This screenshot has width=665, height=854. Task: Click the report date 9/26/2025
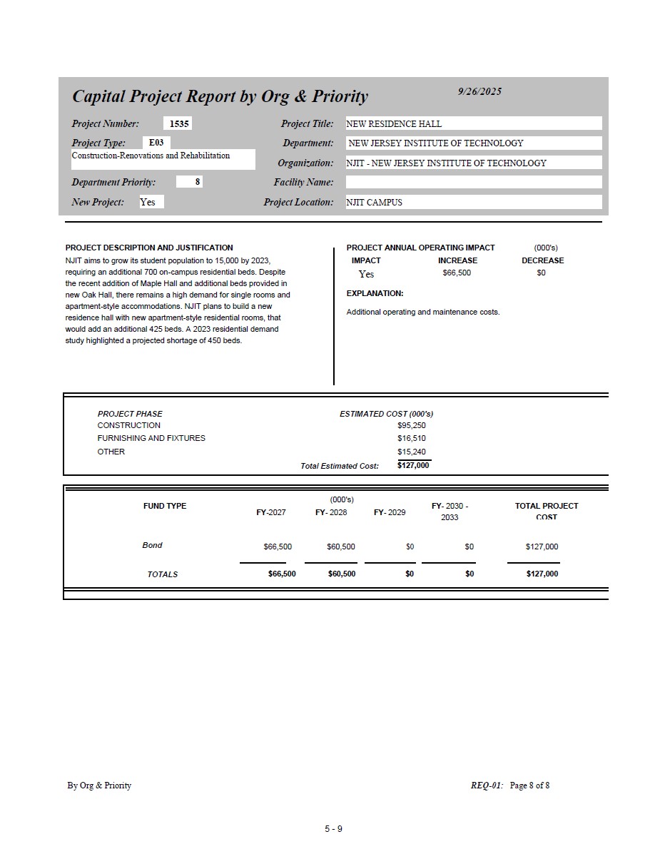click(479, 91)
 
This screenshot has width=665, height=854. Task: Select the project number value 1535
click(179, 123)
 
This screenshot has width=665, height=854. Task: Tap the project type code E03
click(156, 143)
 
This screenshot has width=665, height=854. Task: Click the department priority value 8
click(198, 182)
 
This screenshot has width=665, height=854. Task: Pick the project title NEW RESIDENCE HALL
click(394, 124)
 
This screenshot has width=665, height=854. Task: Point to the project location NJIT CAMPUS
click(374, 203)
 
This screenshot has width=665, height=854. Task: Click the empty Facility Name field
click(473, 183)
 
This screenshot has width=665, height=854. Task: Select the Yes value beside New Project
click(148, 202)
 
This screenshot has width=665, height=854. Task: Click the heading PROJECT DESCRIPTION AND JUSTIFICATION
click(149, 248)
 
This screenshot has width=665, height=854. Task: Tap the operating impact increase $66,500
click(457, 273)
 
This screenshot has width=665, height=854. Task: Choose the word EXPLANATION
click(375, 293)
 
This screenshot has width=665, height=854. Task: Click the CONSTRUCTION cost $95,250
click(412, 425)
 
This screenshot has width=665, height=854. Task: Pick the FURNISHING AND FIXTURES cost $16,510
click(412, 438)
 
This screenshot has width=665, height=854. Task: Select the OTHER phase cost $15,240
click(412, 452)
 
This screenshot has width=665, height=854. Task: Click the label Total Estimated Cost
click(340, 466)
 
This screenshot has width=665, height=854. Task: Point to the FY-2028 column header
click(331, 512)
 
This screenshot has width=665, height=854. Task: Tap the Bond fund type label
click(152, 545)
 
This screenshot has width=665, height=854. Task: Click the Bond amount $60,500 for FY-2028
click(341, 547)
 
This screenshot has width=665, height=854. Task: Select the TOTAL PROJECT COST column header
click(547, 511)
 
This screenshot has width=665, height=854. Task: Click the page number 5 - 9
click(333, 828)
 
